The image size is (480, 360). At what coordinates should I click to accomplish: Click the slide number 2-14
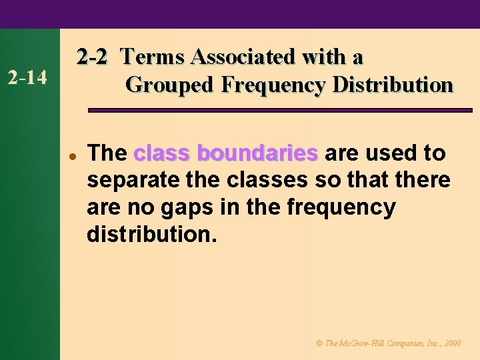pyautogui.click(x=27, y=78)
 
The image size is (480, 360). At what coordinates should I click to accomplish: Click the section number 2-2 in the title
pyautogui.click(x=91, y=57)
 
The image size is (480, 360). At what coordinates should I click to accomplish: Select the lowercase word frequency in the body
pyautogui.click(x=341, y=207)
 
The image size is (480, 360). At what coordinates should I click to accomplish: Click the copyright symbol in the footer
pyautogui.click(x=319, y=343)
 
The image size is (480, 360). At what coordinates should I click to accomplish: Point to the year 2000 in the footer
pyautogui.click(x=452, y=343)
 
